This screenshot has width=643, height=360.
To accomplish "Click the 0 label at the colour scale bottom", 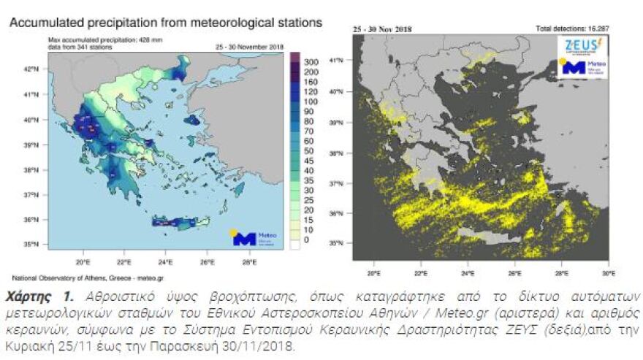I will coord(307,240).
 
